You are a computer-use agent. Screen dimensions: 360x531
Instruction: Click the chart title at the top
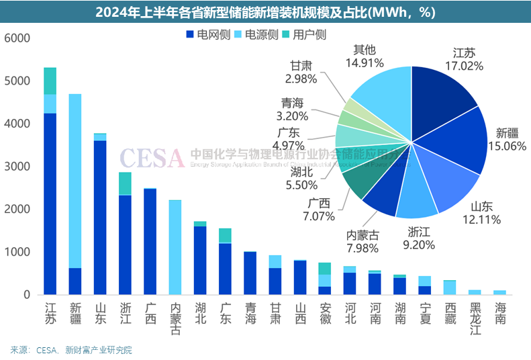265,12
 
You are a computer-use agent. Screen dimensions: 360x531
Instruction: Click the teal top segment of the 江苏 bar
50,81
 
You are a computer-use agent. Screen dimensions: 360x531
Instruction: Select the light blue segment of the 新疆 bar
75,181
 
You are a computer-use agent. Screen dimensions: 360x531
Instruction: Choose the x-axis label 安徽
325,314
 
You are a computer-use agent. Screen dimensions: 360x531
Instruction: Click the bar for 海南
499,292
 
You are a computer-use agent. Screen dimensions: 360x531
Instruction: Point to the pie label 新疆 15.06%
507,139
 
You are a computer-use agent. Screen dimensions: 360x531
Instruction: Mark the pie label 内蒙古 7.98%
363,241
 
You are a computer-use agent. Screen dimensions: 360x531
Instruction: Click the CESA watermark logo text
152,159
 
